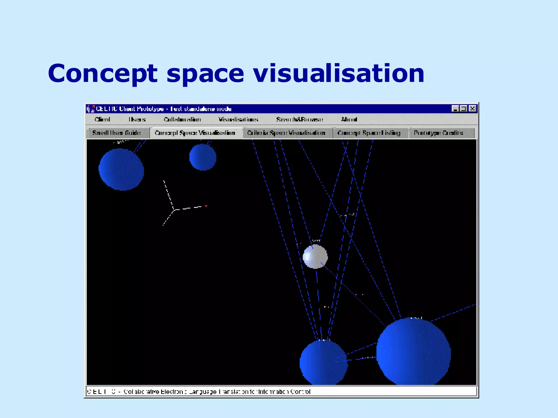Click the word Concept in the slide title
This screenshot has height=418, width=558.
click(x=102, y=73)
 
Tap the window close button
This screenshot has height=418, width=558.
click(x=472, y=109)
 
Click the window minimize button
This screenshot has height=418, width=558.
click(x=455, y=109)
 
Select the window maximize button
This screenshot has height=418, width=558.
click(x=463, y=109)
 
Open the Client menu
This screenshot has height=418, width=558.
click(x=102, y=119)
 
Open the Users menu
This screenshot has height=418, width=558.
click(x=137, y=119)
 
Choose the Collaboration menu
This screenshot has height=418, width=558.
click(x=182, y=119)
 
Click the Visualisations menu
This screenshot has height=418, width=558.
click(x=238, y=119)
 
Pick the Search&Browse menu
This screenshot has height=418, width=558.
click(x=299, y=119)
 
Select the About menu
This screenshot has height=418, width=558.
click(x=349, y=119)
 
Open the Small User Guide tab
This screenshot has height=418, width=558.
click(x=117, y=133)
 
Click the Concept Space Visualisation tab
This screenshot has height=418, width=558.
click(x=195, y=133)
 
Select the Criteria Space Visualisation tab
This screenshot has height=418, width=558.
click(x=286, y=133)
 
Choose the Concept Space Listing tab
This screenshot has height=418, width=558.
click(x=369, y=133)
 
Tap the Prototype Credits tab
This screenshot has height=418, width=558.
click(x=438, y=133)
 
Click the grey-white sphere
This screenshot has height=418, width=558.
click(x=315, y=257)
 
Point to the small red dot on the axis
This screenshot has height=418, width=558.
click(x=206, y=206)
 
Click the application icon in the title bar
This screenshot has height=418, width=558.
click(x=90, y=109)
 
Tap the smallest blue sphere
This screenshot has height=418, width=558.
click(x=203, y=157)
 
